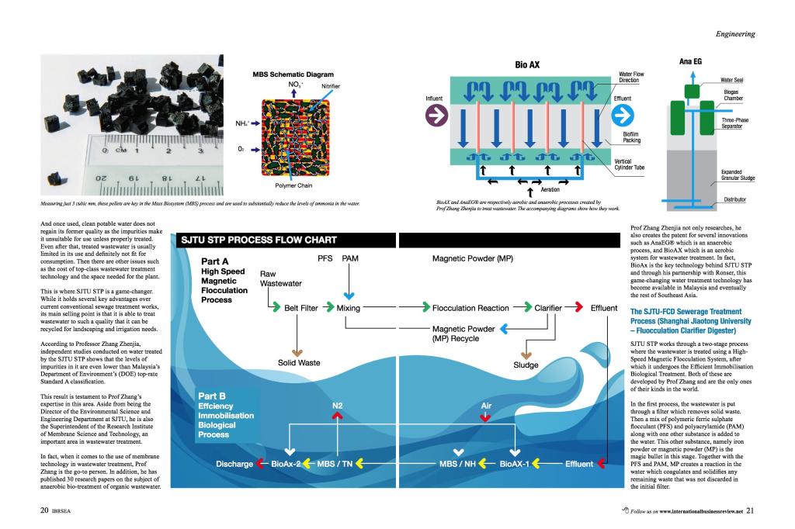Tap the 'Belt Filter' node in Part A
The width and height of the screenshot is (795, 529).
pos(300,308)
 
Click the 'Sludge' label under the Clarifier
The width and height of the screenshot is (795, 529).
pos(526,365)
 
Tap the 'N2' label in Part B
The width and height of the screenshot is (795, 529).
pos(338,406)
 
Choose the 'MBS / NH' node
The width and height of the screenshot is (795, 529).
pos(459,464)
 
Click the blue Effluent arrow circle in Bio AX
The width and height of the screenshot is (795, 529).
pos(624,116)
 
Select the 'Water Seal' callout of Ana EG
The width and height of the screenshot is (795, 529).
pos(733,80)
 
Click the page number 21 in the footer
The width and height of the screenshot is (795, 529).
pos(750,511)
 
